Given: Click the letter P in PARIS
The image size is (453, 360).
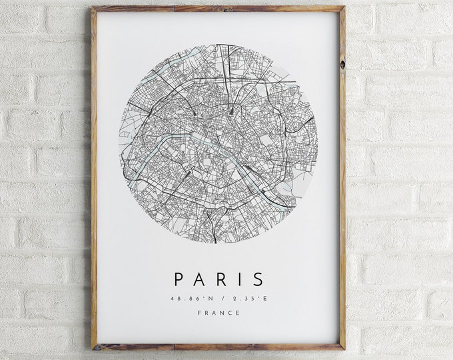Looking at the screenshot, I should pos(179,279).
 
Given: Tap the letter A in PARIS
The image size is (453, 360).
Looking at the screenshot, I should pos(201,279).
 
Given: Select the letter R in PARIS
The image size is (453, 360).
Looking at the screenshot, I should pos(223,279).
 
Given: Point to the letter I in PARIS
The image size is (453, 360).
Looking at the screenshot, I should pos(240,279).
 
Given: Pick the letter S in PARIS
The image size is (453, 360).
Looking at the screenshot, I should pos(258,279).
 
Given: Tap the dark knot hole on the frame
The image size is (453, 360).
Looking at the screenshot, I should pos(342,65).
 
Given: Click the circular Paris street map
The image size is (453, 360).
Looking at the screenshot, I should pos(219,143).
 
